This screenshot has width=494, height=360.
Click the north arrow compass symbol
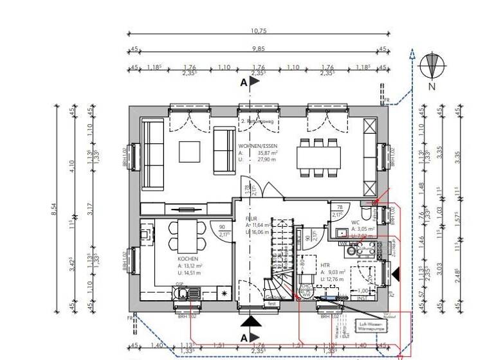click(x=432, y=66)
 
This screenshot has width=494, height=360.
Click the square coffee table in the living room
click(x=190, y=152)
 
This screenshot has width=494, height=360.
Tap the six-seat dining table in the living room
click(x=319, y=156)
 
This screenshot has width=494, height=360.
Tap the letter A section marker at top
click(x=244, y=83)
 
